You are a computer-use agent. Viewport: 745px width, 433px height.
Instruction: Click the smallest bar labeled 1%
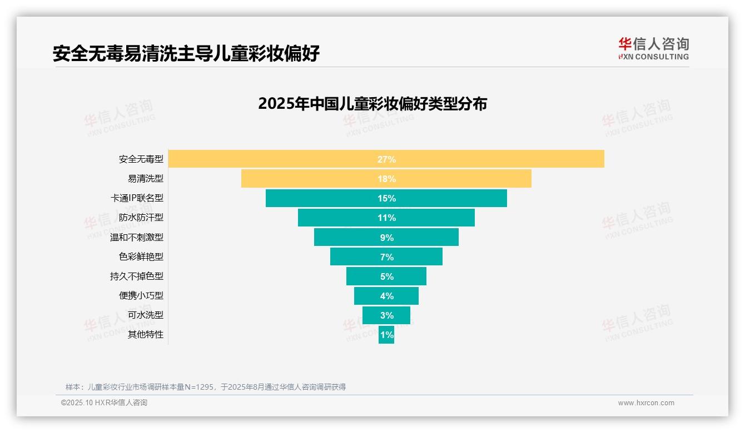386,335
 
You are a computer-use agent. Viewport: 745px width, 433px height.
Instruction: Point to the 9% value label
386,238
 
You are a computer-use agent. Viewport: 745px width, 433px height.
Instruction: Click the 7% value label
386,257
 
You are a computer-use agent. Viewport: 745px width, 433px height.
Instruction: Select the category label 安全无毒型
141,159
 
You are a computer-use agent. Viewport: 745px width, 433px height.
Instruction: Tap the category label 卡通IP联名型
137,198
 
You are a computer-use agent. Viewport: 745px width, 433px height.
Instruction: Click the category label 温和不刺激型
137,237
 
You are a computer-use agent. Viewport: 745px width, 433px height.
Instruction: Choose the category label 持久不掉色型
137,276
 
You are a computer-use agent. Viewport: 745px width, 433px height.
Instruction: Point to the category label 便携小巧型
141,295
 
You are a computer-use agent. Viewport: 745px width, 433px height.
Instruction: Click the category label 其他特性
146,334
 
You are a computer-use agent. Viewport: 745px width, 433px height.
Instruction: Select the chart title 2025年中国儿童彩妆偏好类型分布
372,104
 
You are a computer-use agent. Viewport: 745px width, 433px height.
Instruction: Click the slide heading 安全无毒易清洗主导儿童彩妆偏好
186,53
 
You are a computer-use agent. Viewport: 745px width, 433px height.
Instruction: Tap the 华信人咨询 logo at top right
653,48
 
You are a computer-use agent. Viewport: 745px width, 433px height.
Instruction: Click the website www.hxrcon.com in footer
646,403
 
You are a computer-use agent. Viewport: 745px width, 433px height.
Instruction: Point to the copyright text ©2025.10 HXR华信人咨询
104,403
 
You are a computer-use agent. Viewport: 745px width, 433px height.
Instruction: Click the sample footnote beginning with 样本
206,387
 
